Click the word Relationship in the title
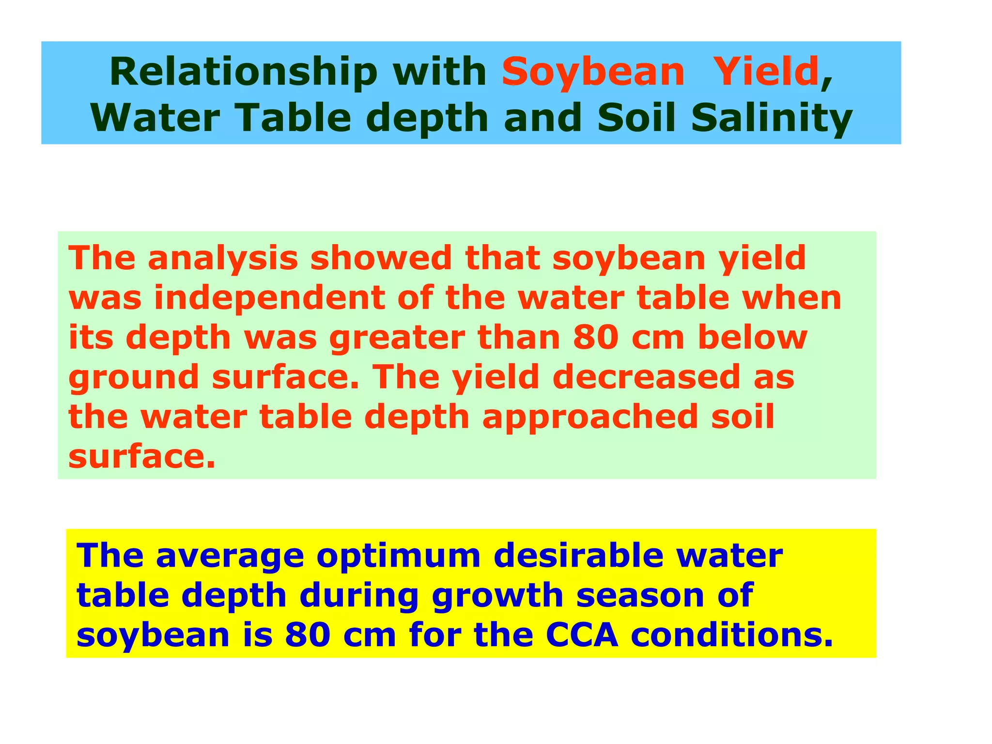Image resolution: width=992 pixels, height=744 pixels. (243, 72)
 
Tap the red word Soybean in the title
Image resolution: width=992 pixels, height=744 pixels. (593, 72)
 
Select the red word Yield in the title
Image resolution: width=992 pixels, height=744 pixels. (766, 72)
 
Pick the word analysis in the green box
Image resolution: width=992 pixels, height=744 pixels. (223, 258)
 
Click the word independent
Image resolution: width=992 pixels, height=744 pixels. (269, 298)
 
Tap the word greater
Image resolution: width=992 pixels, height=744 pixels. (397, 338)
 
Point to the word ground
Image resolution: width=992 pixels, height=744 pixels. (134, 377)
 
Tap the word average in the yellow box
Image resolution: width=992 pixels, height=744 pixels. (230, 556)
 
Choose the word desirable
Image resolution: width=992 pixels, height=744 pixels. (578, 556)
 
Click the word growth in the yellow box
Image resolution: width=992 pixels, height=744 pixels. (497, 595)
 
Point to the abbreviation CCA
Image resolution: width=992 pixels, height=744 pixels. (582, 635)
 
